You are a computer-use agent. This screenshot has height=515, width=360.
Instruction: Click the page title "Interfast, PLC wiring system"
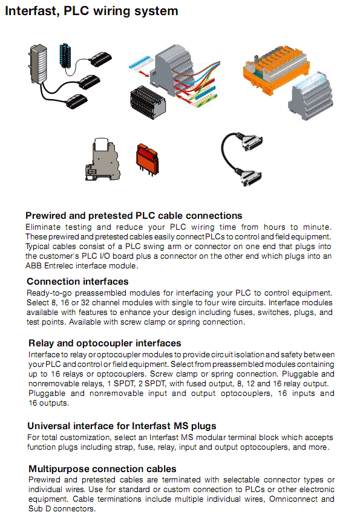tap(91, 11)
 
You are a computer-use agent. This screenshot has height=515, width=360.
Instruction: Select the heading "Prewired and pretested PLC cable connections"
tap(134, 216)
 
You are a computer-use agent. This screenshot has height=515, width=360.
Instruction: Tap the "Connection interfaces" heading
tap(77, 282)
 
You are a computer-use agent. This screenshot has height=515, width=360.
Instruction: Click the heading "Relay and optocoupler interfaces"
tap(105, 343)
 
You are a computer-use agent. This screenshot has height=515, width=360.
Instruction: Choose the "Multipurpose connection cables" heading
tap(102, 469)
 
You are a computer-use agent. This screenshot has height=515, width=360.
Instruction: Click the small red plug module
tap(146, 158)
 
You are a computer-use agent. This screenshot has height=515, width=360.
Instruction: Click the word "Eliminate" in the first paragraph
tap(44, 226)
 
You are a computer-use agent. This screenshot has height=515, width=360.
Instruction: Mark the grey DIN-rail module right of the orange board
tap(310, 97)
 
